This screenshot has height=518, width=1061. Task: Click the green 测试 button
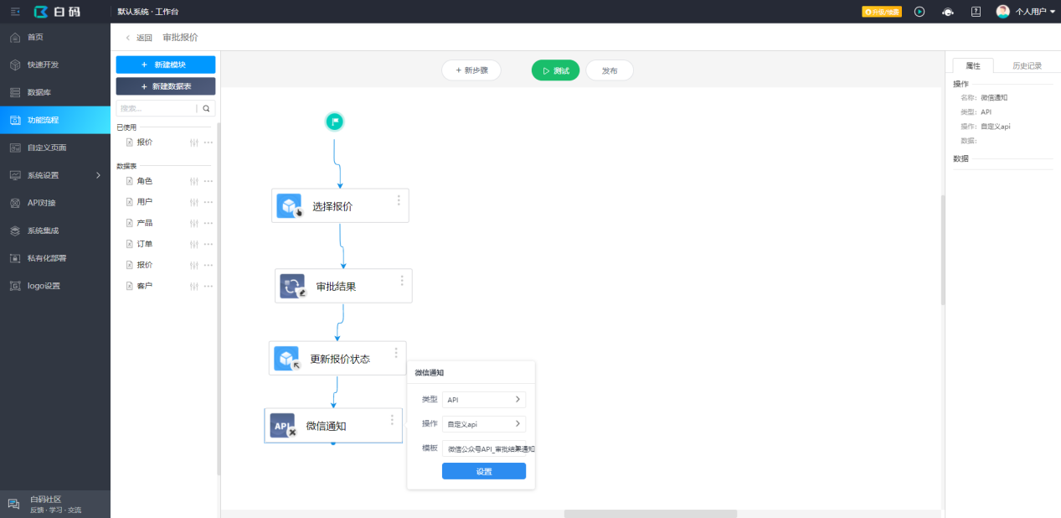point(555,71)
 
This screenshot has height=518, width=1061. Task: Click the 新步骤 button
point(471,71)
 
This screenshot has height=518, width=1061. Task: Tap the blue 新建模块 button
point(165,65)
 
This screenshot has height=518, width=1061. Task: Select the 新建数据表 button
point(165,86)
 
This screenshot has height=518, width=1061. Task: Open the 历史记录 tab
point(1027,66)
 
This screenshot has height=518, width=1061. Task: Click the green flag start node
point(334,122)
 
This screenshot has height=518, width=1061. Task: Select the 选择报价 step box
point(340,206)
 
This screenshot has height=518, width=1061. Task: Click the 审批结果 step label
point(336,287)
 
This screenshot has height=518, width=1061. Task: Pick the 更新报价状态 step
point(339,359)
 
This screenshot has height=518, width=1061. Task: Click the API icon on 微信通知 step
point(282,425)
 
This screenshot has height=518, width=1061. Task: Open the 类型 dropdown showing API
point(483,400)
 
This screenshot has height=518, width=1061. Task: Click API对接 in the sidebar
point(41,203)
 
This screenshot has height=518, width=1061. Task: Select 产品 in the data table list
point(145,223)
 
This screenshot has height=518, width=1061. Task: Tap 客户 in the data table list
point(145,286)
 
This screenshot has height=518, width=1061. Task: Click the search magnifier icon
point(206,109)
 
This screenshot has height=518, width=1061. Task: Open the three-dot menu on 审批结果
point(402,281)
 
